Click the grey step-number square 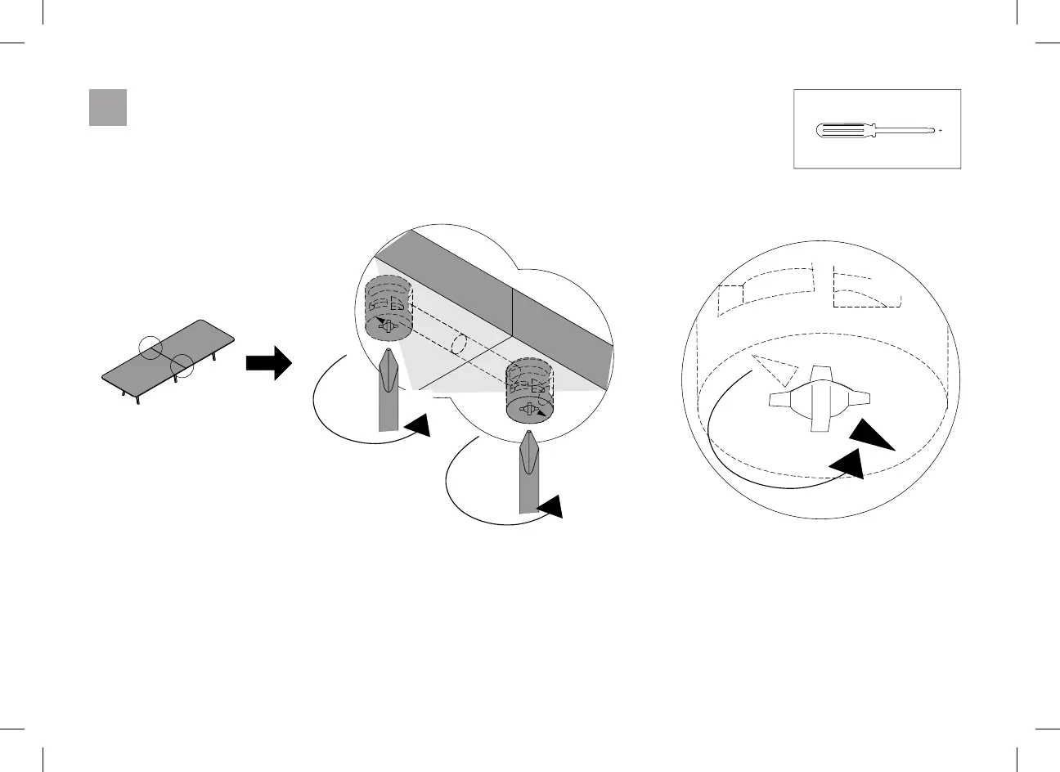click(108, 108)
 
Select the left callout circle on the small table click(152, 347)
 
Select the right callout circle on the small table click(182, 366)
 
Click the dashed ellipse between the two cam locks click(459, 345)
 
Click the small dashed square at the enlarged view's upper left click(730, 299)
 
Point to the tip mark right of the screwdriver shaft click(941, 130)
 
